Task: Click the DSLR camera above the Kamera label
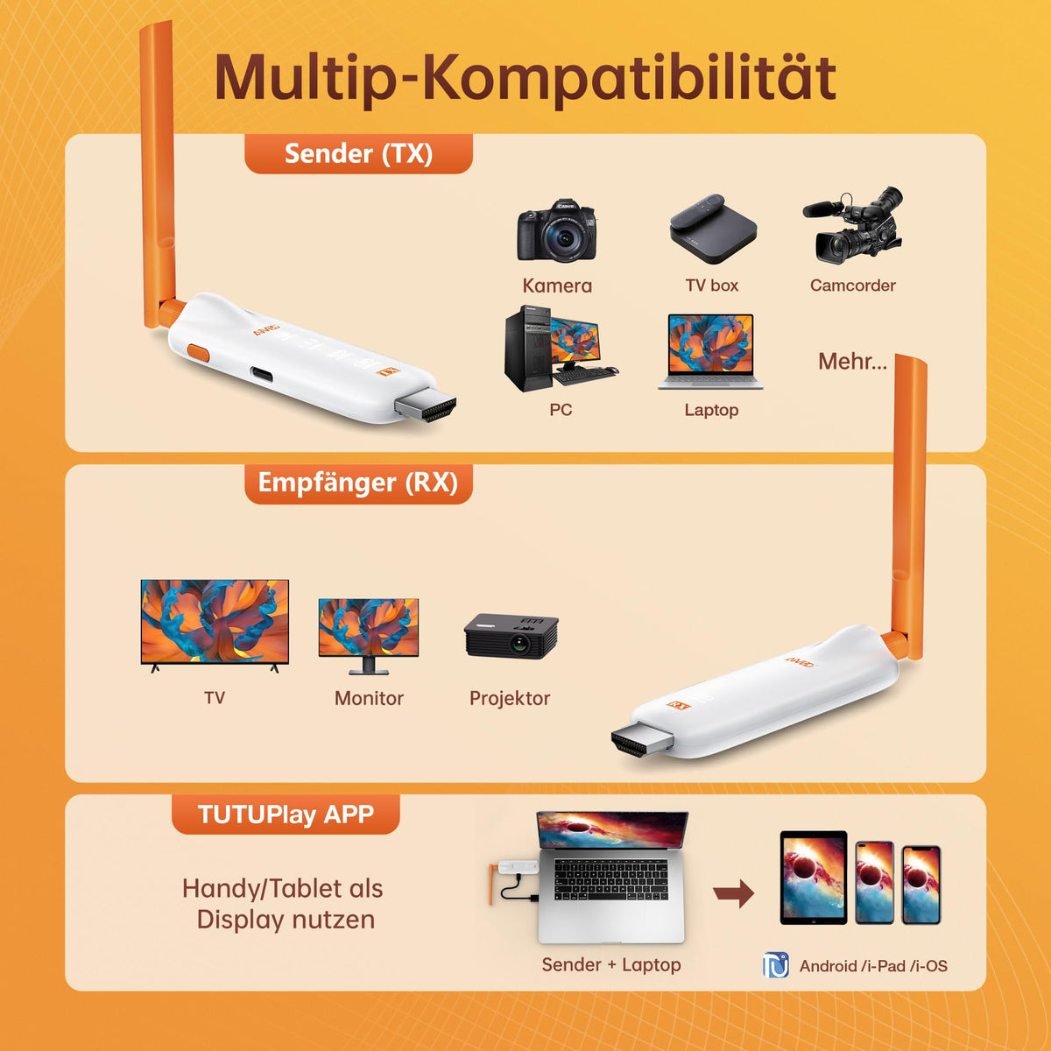[x=556, y=230]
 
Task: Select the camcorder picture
[x=852, y=225]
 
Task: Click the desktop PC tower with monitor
[x=561, y=349]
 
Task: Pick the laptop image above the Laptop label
[x=710, y=352]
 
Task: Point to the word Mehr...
[x=852, y=362]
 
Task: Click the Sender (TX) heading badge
[x=358, y=154]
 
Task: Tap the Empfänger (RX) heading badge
[x=358, y=483]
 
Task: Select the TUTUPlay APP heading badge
[x=286, y=815]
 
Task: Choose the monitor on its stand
[x=369, y=636]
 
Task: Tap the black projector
[x=511, y=637]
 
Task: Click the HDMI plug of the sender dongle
[x=426, y=408]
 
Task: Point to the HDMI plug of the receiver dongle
[x=643, y=740]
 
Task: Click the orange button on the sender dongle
[x=198, y=353]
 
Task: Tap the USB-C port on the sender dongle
[x=264, y=375]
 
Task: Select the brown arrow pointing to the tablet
[x=734, y=892]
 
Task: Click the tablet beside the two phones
[x=813, y=878]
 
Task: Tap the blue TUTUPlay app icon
[x=776, y=965]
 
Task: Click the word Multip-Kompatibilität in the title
[x=525, y=78]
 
